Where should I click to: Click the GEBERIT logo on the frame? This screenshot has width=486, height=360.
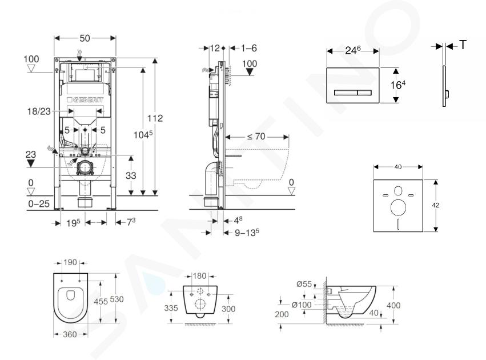85,99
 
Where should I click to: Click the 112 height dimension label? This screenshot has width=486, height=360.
155,118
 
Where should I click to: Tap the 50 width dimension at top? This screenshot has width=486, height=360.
85,38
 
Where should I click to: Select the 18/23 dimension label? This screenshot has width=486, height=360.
39,111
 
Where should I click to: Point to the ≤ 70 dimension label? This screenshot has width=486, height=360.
256,137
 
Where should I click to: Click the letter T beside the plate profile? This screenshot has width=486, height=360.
463,45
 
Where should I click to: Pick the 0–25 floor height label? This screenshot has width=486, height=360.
39,204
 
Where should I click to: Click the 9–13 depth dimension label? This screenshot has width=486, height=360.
247,233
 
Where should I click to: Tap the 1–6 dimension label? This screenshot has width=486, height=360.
249,48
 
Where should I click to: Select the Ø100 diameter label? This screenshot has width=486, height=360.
302,305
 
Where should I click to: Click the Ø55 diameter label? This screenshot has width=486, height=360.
304,284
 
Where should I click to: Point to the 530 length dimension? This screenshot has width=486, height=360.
117,299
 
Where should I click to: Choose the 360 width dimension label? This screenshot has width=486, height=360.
70,334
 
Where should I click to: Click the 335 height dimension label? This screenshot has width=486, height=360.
171,308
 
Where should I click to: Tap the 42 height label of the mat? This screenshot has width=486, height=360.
436,205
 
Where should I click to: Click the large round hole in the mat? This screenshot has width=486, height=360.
398,207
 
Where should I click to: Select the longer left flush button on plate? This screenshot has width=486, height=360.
346,93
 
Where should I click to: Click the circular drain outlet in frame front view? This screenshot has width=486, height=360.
85,168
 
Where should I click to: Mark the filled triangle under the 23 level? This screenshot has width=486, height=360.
31,163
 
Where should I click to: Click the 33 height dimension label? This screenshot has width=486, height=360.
131,176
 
